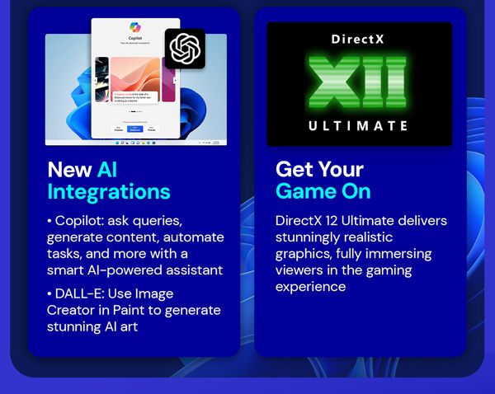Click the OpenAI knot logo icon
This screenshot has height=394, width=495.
click(185, 49)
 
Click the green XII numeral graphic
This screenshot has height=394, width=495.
click(359, 83)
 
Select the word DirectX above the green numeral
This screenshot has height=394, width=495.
click(359, 39)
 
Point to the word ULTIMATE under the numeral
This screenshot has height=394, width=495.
click(359, 126)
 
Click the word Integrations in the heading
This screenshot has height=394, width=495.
click(108, 192)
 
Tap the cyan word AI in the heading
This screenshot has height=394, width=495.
click(108, 170)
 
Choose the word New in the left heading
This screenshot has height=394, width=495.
click(69, 170)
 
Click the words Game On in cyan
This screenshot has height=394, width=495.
click(323, 192)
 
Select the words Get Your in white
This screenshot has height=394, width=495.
click(319, 170)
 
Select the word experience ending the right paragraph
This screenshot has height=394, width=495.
click(311, 286)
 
